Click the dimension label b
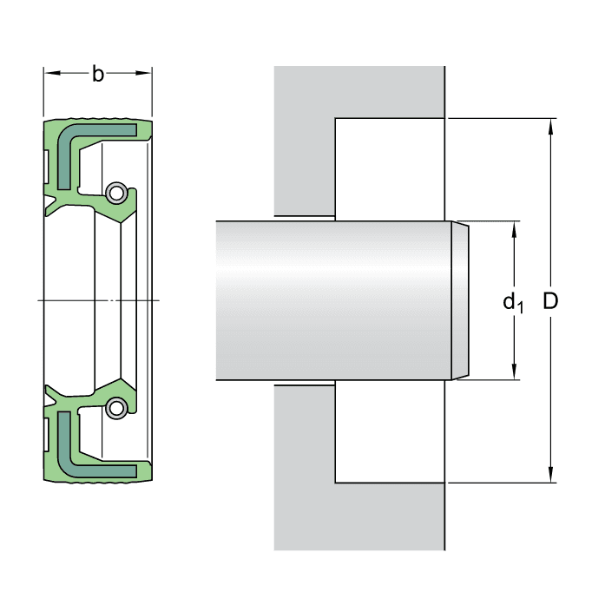coord(98,75)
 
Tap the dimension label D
coord(549,301)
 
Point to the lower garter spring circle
coord(115,406)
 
